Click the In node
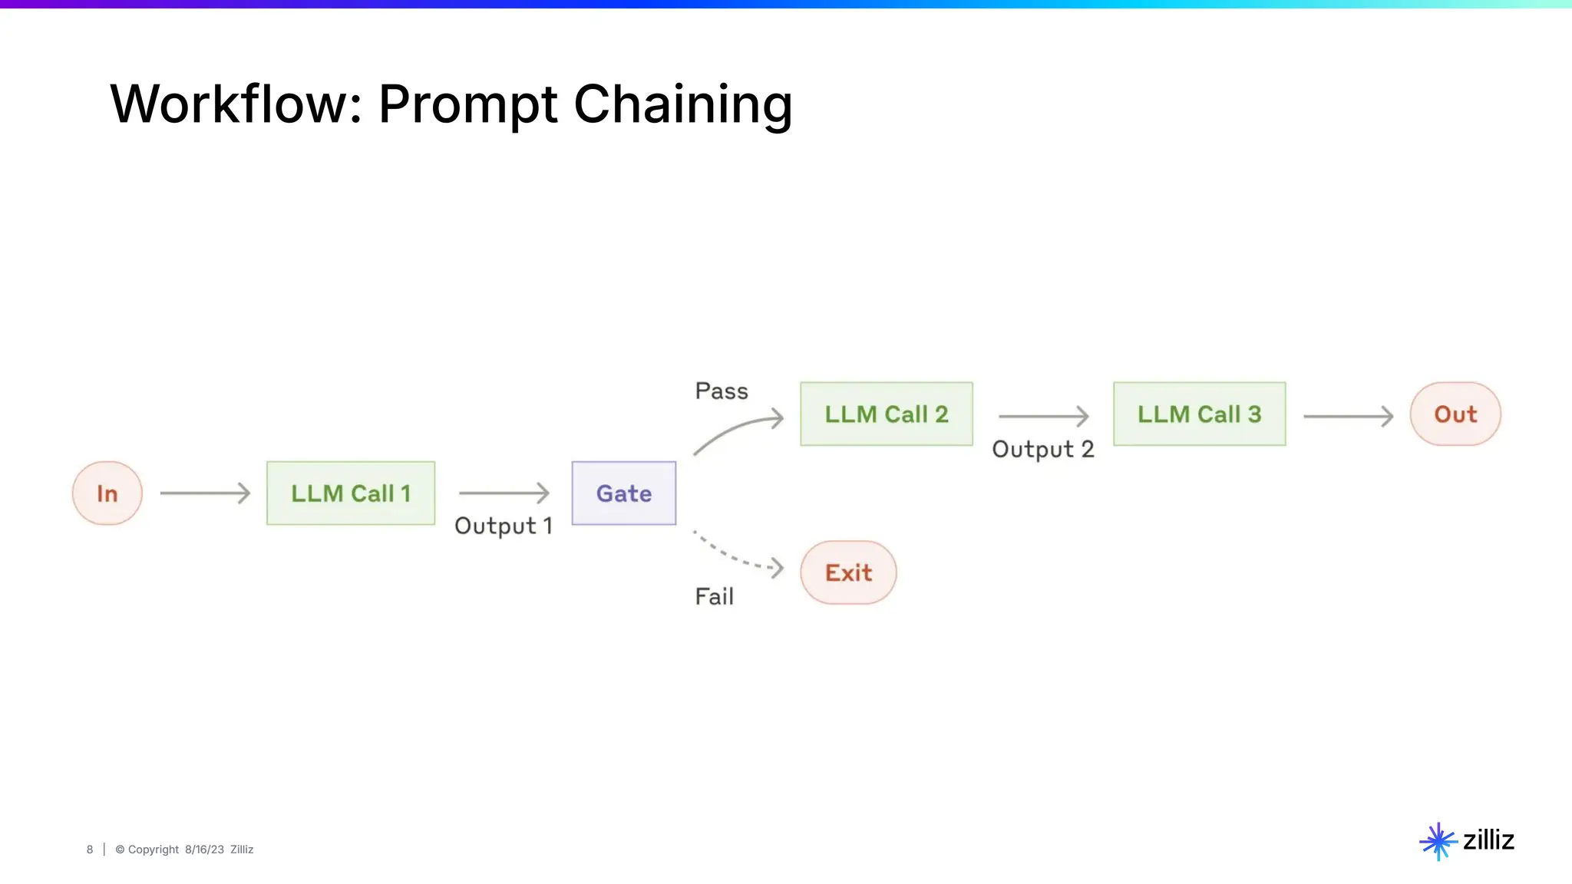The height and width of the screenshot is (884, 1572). [107, 493]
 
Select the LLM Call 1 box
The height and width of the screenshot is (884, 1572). [351, 493]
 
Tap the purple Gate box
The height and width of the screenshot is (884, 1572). [624, 493]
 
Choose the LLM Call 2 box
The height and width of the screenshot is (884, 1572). [887, 414]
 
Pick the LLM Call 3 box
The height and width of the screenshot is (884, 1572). [1199, 414]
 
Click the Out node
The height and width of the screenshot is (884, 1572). [1455, 414]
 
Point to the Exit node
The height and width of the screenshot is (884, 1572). [848, 572]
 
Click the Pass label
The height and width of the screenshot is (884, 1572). [722, 391]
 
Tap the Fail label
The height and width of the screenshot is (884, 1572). [714, 596]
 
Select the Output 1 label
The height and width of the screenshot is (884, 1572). [504, 526]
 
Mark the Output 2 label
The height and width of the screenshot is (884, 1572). [1042, 450]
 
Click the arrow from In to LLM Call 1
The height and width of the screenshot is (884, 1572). [205, 493]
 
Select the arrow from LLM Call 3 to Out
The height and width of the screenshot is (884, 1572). [1348, 417]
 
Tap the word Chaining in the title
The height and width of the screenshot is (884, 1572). [682, 104]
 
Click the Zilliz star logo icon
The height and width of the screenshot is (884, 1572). [1438, 842]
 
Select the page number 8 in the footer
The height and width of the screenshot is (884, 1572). [90, 849]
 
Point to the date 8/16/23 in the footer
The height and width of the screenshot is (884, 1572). [204, 849]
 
